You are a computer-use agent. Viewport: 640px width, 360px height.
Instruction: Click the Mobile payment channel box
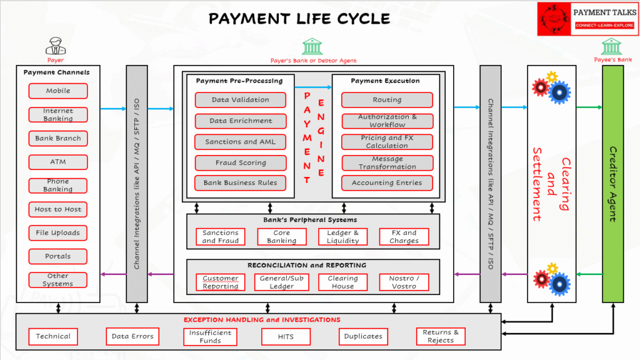coord(58,91)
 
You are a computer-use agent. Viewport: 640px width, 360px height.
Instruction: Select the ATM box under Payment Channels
coord(58,162)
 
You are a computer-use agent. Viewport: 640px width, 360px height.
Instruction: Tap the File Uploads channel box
coord(58,232)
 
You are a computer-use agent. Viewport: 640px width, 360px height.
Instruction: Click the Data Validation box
coord(241,100)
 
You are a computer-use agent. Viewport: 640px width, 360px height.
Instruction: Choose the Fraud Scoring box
coord(241,162)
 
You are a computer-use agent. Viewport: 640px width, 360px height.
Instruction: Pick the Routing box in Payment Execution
coord(387,100)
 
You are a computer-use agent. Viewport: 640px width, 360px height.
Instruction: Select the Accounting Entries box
coord(387,183)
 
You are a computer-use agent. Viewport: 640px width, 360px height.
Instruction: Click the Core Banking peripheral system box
coord(282,237)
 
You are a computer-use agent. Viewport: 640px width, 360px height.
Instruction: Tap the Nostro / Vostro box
coord(404,282)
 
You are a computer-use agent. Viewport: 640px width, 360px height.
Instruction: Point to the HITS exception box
coord(286,336)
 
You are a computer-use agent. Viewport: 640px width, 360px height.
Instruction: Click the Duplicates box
coord(363,336)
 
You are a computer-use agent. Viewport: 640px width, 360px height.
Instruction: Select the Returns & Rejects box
coord(441,336)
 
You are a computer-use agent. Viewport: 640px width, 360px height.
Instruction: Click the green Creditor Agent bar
coord(612,184)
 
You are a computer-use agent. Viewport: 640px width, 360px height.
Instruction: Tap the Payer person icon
coord(56,46)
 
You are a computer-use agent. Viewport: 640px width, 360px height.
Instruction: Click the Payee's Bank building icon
coord(612,47)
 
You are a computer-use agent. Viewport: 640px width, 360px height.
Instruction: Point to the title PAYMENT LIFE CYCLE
coord(299,18)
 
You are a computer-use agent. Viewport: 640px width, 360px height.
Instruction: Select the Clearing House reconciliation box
coord(343,282)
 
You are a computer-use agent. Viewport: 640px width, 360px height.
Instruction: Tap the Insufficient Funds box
coord(210,336)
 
